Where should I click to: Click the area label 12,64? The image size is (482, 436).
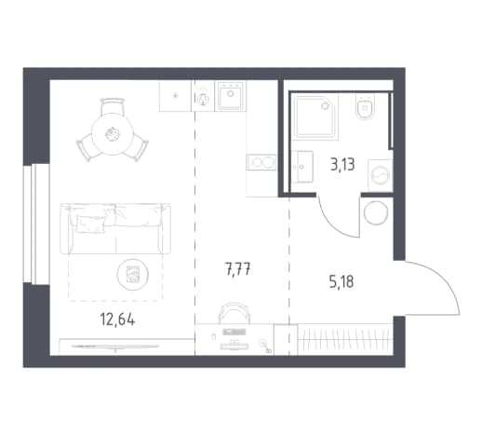click(117, 319)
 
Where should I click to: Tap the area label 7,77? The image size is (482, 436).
click(238, 269)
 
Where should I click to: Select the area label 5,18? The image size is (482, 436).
click(341, 282)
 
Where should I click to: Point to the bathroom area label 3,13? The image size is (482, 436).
click(342, 165)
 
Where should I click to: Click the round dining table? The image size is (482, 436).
click(113, 134)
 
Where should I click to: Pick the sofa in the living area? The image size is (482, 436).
click(115, 228)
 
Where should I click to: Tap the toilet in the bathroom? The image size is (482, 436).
click(365, 106)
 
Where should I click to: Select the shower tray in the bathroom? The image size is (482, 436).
click(315, 116)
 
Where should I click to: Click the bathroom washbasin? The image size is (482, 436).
click(302, 166)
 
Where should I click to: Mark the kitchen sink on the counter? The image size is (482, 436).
click(230, 96)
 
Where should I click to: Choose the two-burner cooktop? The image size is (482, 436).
click(261, 162)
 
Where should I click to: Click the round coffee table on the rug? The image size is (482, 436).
click(133, 275)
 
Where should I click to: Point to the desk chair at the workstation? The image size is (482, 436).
click(234, 312)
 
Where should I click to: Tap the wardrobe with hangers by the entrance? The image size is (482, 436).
click(345, 339)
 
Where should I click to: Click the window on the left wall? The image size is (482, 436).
click(36, 224)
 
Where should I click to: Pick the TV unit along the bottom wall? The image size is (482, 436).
click(127, 347)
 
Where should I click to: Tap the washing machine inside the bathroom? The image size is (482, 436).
click(381, 175)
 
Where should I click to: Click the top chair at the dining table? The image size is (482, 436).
click(113, 106)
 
